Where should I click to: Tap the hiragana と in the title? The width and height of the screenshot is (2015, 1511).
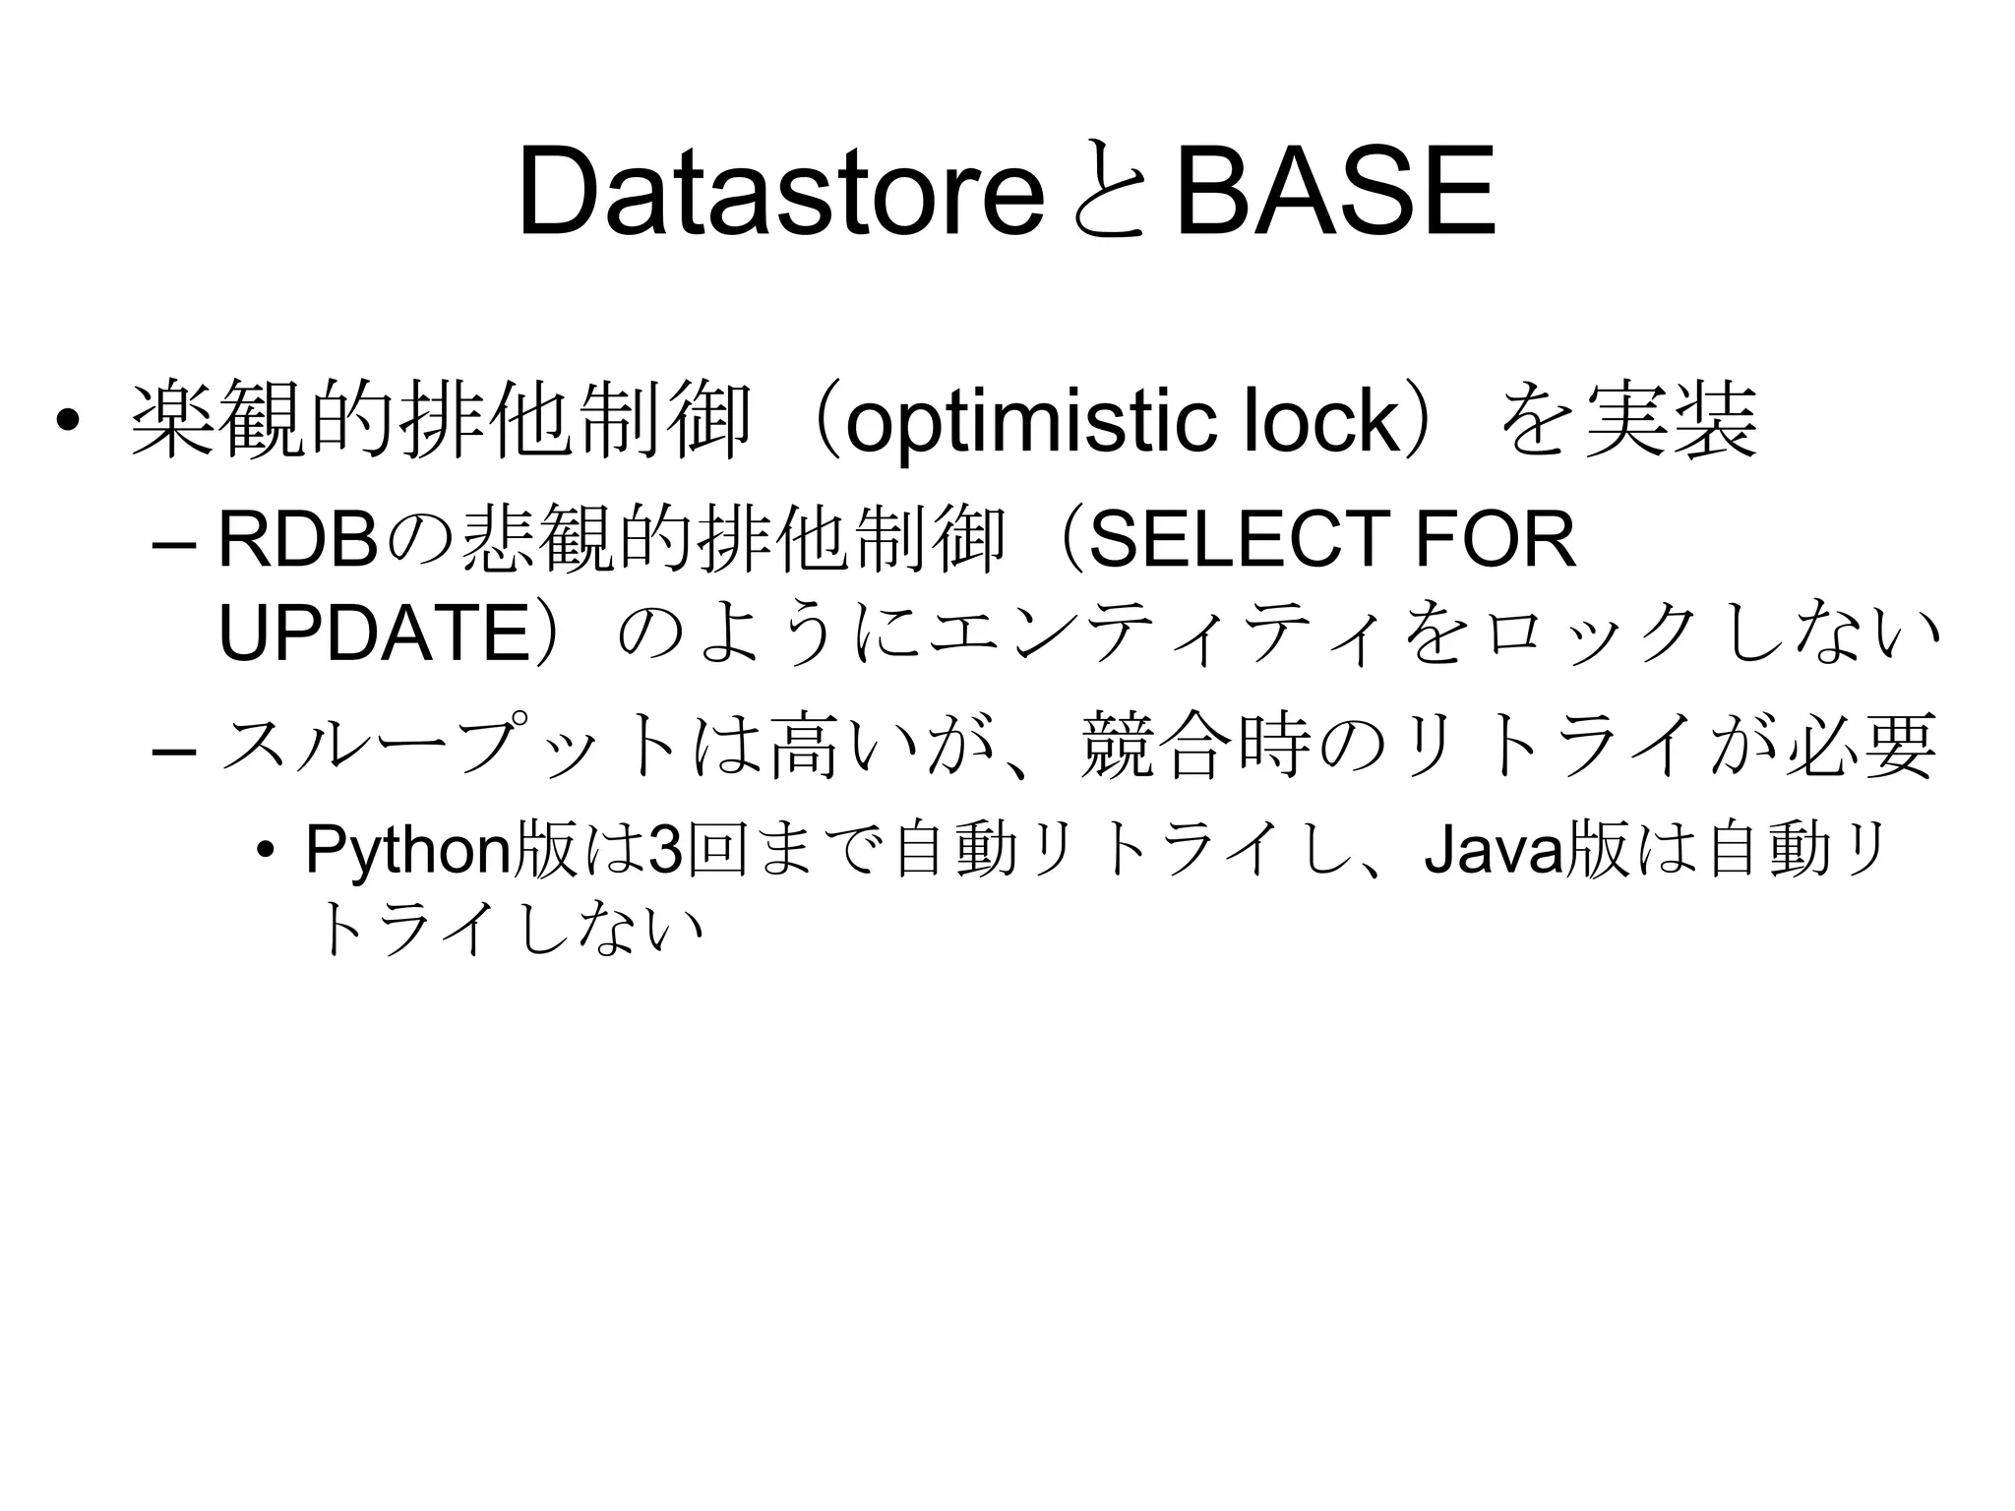[1109, 193]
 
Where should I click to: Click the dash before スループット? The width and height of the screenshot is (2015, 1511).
[175, 752]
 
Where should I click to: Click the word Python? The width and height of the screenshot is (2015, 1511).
[407, 850]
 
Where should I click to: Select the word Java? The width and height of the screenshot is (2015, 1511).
[1493, 850]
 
